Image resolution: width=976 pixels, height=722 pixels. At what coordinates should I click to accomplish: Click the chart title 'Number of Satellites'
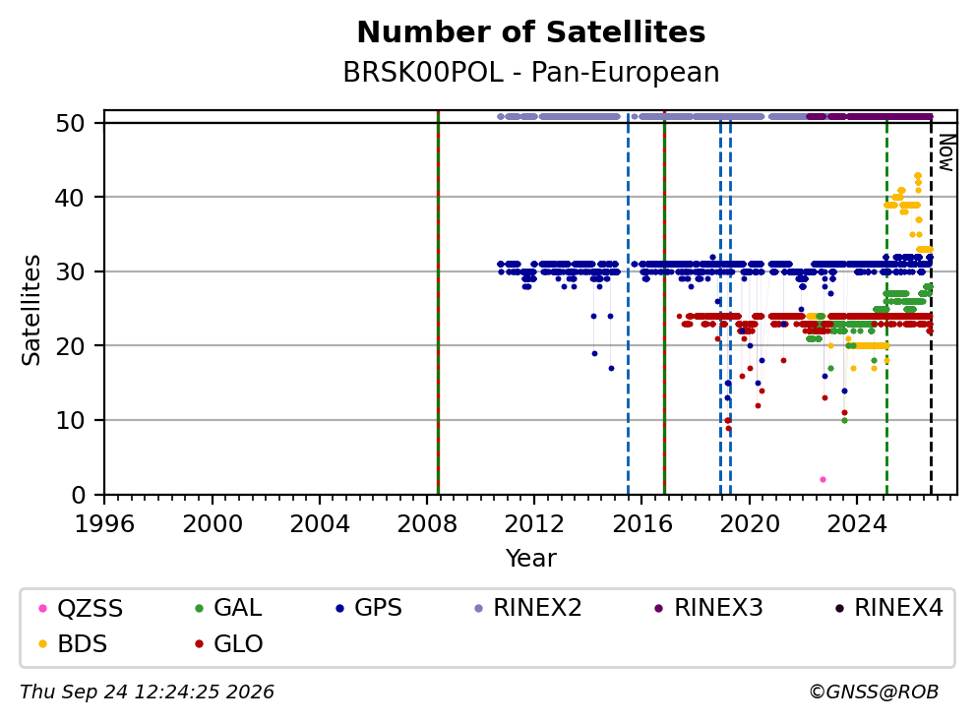pos(531,32)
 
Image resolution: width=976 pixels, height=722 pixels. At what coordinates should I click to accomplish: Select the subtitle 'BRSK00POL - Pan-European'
pos(531,72)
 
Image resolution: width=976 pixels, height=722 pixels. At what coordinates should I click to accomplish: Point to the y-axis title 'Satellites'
pos(30,310)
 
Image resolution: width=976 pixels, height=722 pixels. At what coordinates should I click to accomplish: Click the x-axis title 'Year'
pos(531,558)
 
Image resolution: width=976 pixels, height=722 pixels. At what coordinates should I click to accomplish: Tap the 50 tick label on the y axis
pos(70,123)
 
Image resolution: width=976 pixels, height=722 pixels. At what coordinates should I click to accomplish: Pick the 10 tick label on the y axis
pos(70,421)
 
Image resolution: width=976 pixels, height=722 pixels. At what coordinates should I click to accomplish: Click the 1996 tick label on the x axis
pos(104,524)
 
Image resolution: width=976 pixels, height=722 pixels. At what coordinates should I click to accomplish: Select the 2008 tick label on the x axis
pos(427,524)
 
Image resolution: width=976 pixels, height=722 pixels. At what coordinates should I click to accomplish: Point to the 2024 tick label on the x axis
pos(857,524)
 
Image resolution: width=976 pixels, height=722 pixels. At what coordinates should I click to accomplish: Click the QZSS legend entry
pos(81,608)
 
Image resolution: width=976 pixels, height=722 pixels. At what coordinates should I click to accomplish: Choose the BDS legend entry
pos(73,644)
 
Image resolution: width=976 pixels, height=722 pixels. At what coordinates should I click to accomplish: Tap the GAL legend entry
pos(228,608)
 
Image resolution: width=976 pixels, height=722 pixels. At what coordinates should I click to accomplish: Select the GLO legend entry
pos(229,644)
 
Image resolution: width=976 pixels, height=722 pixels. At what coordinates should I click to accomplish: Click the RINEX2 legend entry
pos(528,608)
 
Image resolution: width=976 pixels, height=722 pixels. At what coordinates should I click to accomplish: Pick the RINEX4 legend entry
pos(889,608)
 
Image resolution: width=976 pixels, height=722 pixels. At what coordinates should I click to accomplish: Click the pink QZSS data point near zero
pos(823,480)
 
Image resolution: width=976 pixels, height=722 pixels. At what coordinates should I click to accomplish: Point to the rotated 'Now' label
pos(946,153)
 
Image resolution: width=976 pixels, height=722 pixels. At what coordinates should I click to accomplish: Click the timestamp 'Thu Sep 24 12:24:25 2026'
pos(147,692)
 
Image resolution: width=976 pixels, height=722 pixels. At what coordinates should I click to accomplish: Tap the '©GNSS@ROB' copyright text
pos(874,692)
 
